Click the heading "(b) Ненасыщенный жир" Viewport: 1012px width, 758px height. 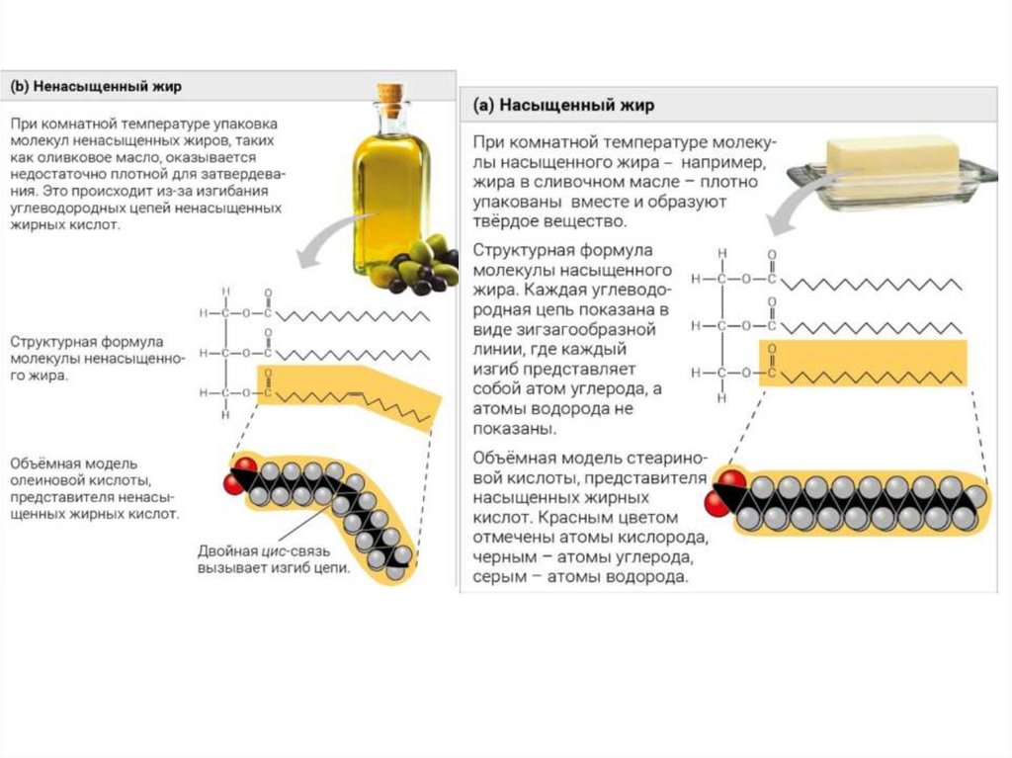(x=96, y=86)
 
